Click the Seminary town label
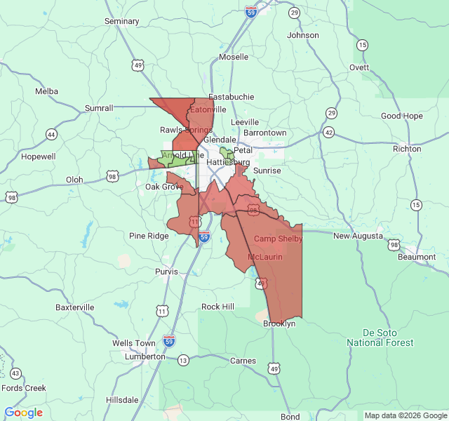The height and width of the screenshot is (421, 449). [122, 21]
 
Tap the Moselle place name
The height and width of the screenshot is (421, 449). [234, 56]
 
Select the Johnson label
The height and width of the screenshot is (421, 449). [303, 35]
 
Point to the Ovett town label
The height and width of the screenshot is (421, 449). [359, 67]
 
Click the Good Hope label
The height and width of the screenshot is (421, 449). [402, 116]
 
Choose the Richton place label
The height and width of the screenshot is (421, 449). [407, 149]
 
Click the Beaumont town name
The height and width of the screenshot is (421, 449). [417, 257]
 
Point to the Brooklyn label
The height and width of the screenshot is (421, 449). [279, 323]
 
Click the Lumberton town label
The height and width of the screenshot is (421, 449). [145, 356]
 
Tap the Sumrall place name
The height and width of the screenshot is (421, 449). [99, 108]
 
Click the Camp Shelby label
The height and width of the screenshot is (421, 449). [278, 239]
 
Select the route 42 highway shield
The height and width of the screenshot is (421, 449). [329, 133]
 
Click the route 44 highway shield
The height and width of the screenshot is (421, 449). [51, 134]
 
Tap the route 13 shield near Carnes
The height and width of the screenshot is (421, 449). [183, 360]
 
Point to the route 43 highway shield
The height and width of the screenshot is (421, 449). [15, 373]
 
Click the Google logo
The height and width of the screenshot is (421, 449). [23, 413]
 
